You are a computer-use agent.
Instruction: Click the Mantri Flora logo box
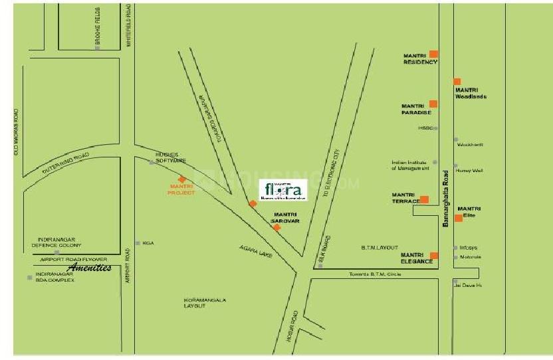point(282,191)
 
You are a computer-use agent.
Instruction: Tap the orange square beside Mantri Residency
point(433,54)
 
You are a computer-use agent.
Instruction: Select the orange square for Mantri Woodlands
point(457,82)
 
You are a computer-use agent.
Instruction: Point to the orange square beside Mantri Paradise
point(433,104)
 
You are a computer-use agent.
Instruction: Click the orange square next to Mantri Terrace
point(424,199)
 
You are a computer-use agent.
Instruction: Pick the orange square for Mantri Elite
point(459,218)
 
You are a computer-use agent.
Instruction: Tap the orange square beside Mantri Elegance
point(434,256)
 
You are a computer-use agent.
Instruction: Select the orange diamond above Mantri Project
point(181,179)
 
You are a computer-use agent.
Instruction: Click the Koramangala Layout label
point(205,303)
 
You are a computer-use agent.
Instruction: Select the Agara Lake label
point(253,251)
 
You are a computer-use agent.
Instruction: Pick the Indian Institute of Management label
point(409,165)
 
